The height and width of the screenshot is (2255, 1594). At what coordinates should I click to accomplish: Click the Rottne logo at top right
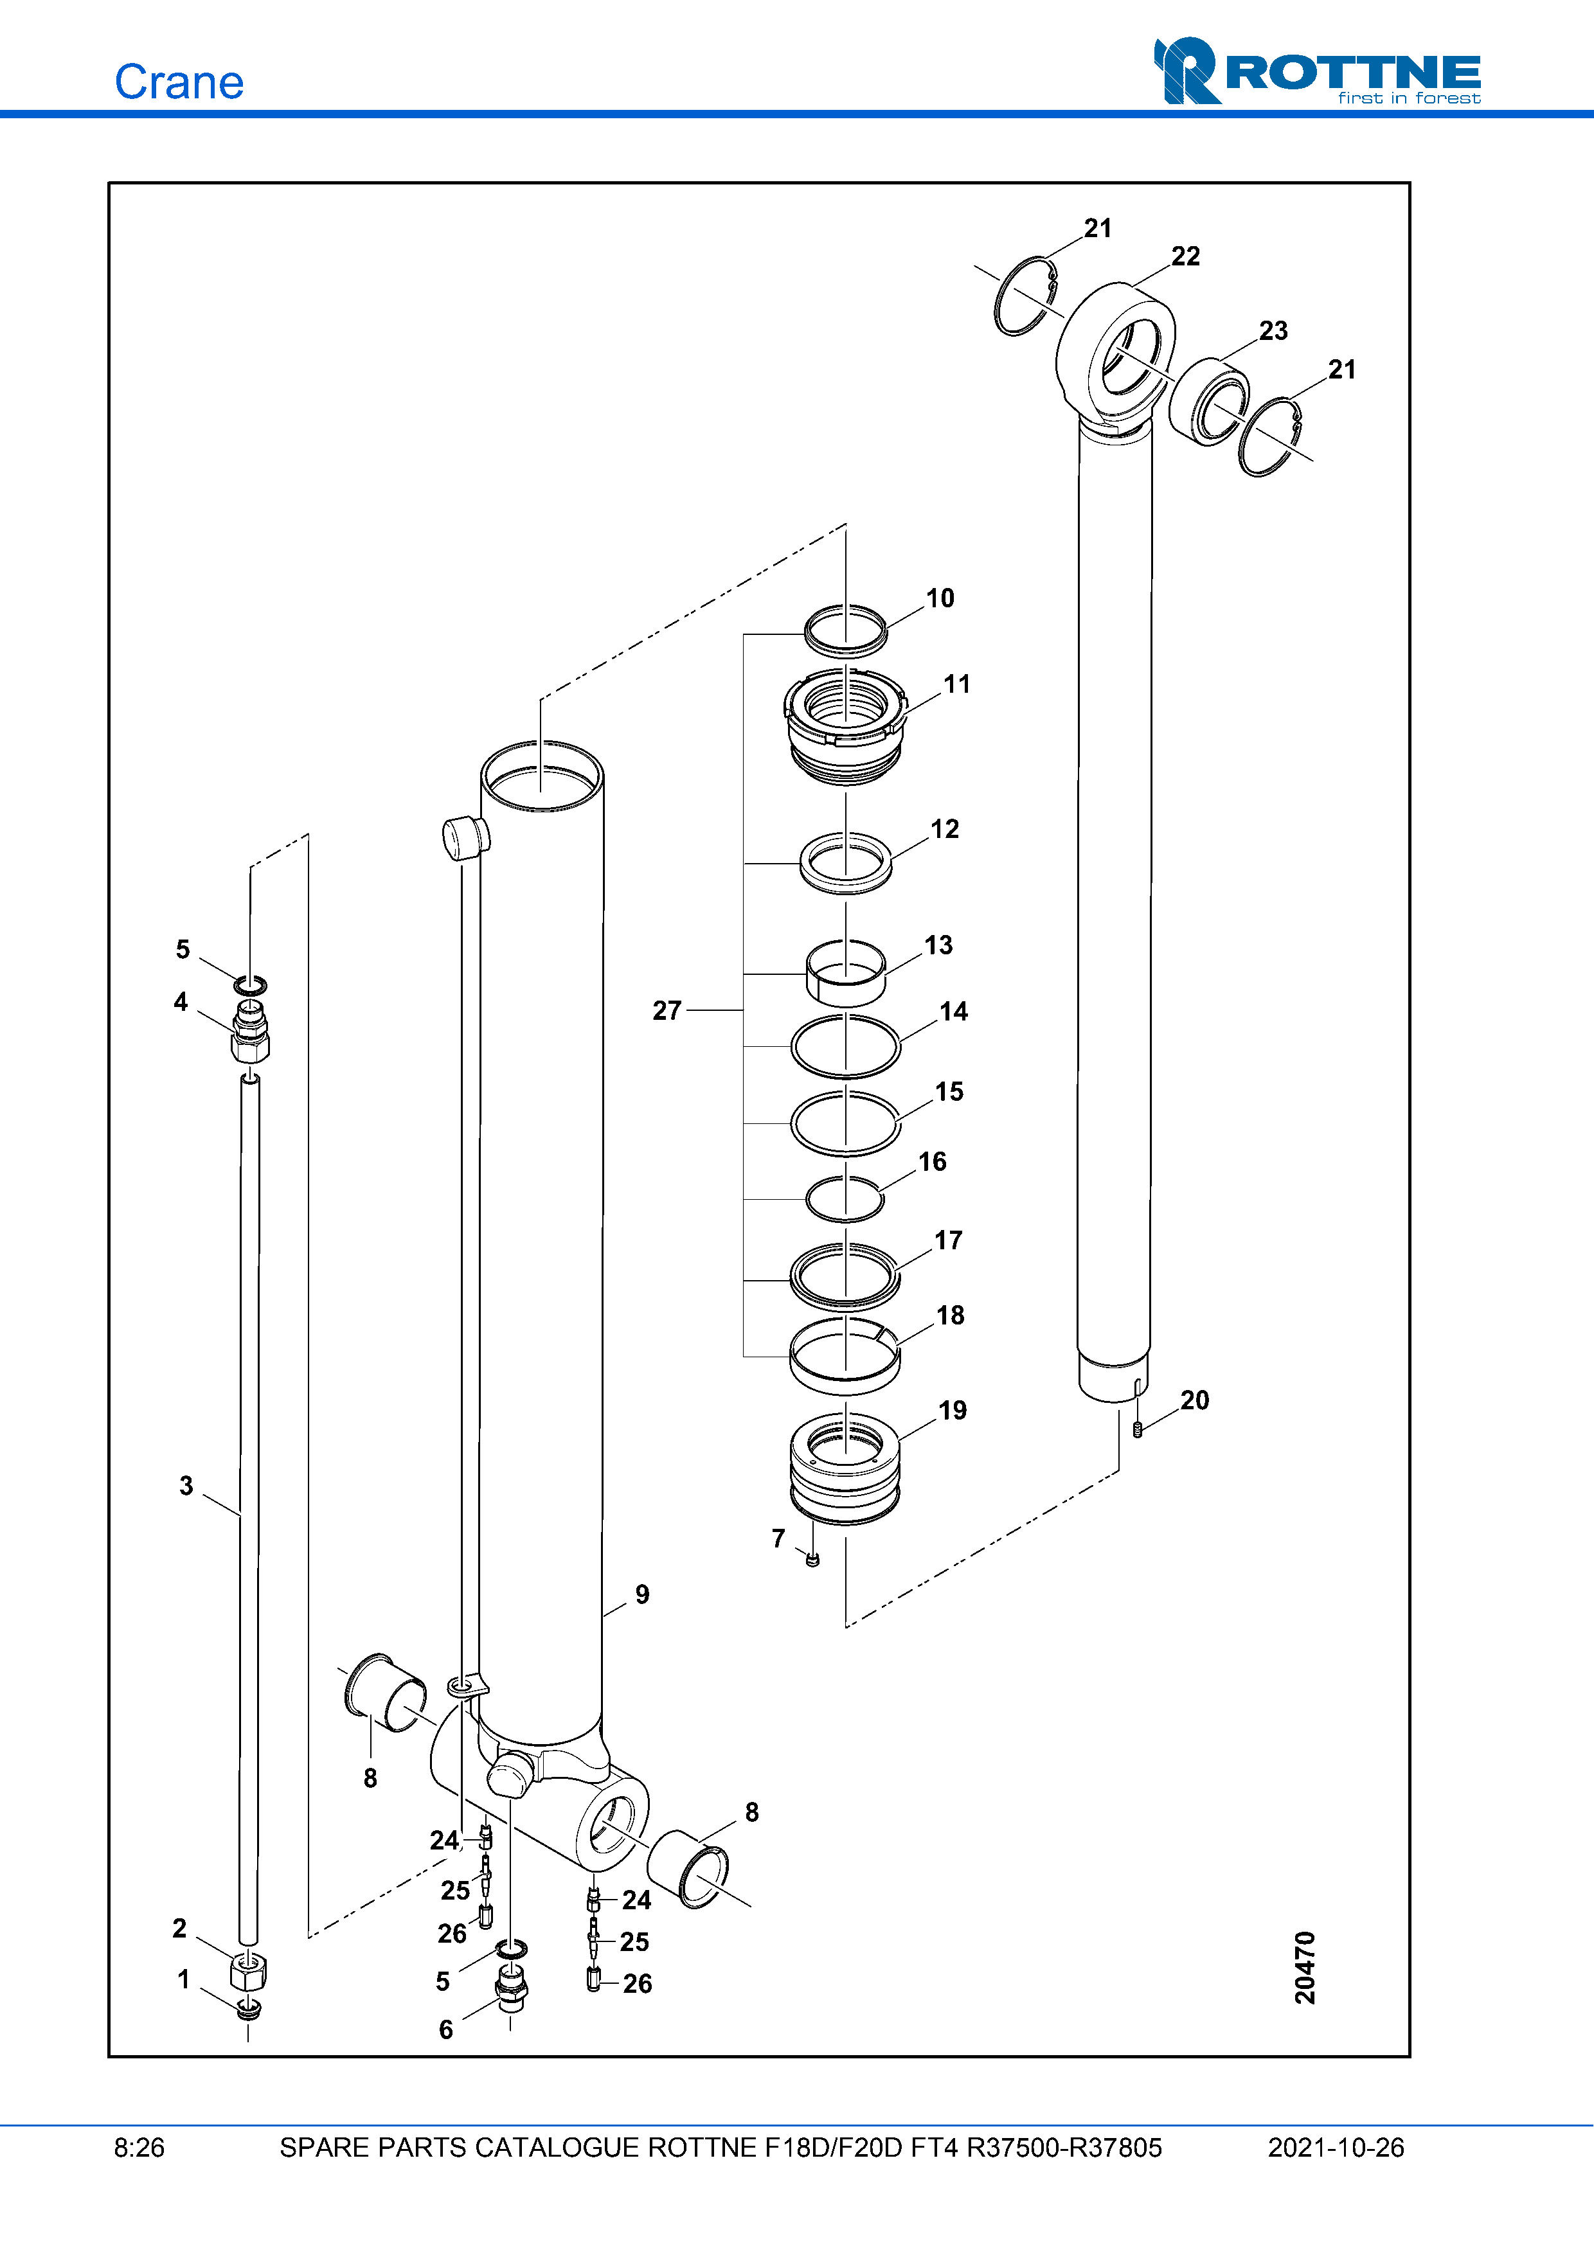click(1316, 71)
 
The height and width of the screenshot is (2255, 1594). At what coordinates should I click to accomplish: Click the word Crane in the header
click(179, 82)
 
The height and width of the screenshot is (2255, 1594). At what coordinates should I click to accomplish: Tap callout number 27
click(667, 1011)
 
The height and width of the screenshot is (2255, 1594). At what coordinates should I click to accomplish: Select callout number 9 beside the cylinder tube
click(642, 1594)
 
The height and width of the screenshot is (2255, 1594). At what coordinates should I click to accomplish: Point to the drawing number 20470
click(1304, 1967)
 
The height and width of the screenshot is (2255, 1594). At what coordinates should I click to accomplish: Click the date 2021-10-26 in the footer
click(1336, 2148)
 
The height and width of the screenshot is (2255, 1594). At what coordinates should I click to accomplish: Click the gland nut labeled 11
click(845, 725)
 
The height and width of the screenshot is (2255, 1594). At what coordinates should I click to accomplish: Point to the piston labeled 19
click(845, 1467)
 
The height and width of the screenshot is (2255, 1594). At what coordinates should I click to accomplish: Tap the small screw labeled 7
click(812, 1558)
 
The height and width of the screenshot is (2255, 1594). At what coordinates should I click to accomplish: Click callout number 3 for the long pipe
click(186, 1485)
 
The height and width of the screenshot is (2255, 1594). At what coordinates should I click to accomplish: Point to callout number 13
click(938, 945)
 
